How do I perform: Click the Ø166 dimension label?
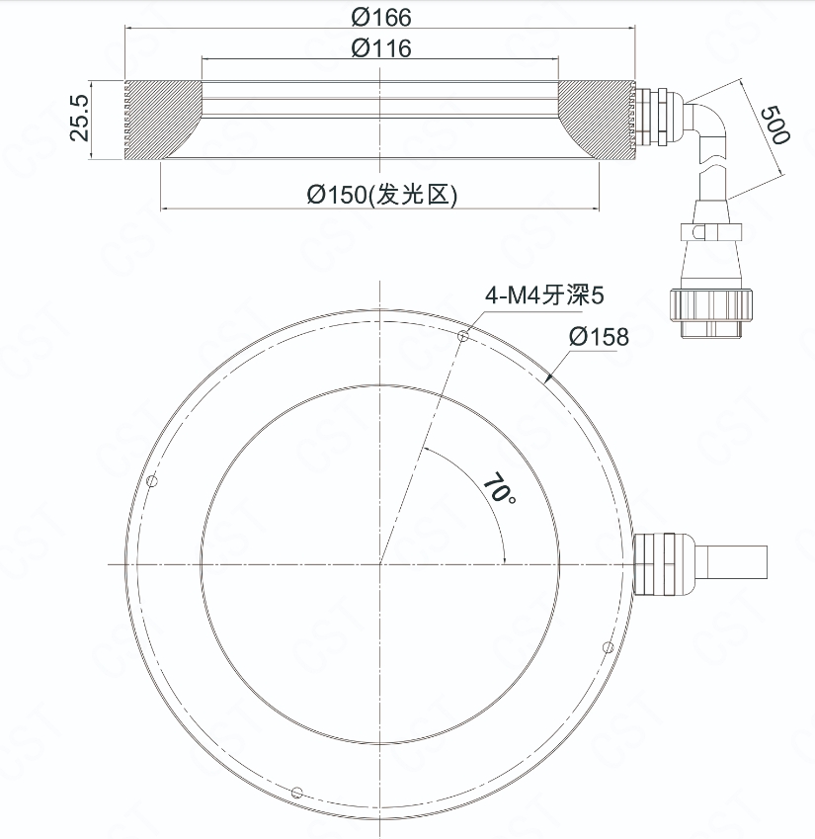381,17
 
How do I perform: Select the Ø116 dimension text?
381,48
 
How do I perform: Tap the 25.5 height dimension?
80,119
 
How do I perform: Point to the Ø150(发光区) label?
382,195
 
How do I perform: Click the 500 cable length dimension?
774,126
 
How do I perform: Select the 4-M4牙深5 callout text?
544,294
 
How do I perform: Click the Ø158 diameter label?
599,337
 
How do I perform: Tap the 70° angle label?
500,487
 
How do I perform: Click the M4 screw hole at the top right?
463,336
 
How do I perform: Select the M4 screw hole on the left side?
152,481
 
